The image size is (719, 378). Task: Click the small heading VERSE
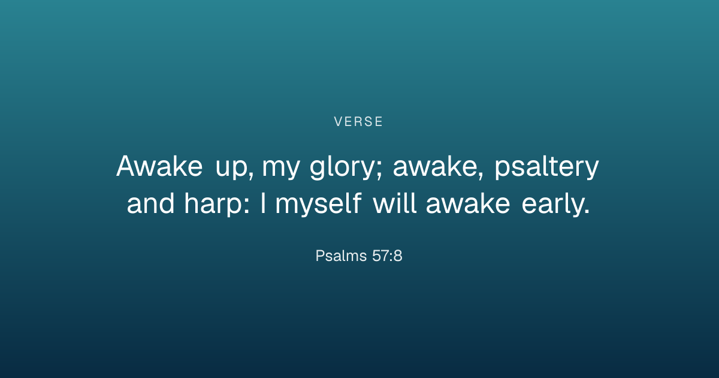coord(358,121)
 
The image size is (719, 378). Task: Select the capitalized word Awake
coord(159,166)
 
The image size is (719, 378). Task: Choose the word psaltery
coord(546,167)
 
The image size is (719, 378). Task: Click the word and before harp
coord(150,203)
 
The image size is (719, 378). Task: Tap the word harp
coord(213,205)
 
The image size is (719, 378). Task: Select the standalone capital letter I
coord(263,203)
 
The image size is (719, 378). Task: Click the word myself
coord(319,205)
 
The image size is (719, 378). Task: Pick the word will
coord(395,203)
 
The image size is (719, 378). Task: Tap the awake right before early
coord(468,203)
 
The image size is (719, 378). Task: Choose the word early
coord(552,205)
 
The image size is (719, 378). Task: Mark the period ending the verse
coord(587,211)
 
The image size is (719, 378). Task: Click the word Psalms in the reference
coord(341,256)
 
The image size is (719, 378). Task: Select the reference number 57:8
coord(387,256)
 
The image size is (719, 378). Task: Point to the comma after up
coord(250,175)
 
